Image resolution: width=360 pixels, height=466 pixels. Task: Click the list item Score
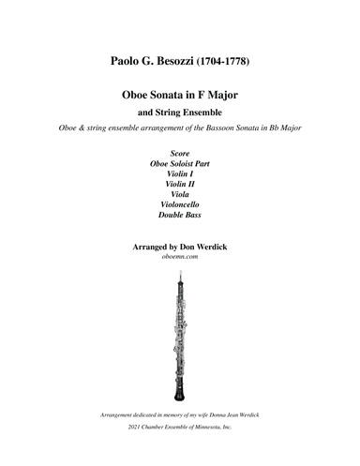180,152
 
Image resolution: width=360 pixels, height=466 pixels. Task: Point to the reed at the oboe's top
180,275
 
